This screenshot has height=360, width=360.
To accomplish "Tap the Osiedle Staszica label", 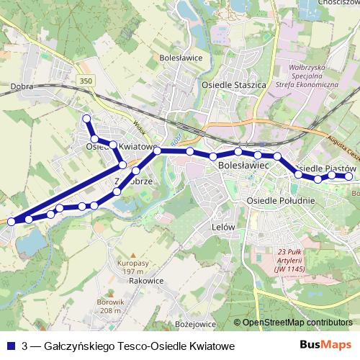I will point(234,84).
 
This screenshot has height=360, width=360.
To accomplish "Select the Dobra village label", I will point(24,85).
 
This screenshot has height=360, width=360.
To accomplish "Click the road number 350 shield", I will point(87,80).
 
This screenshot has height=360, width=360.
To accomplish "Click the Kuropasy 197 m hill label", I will point(132,269).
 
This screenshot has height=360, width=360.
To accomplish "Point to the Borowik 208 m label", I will point(112,306).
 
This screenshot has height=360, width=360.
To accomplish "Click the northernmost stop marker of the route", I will point(87,118).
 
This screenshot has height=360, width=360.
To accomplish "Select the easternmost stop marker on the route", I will point(349,176).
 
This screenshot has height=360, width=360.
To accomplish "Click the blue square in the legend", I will point(10,346).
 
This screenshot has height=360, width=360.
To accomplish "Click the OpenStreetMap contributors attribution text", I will point(297,323).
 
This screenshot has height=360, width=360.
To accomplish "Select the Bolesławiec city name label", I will point(243,166).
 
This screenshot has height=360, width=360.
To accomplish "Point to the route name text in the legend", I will point(129,346).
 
